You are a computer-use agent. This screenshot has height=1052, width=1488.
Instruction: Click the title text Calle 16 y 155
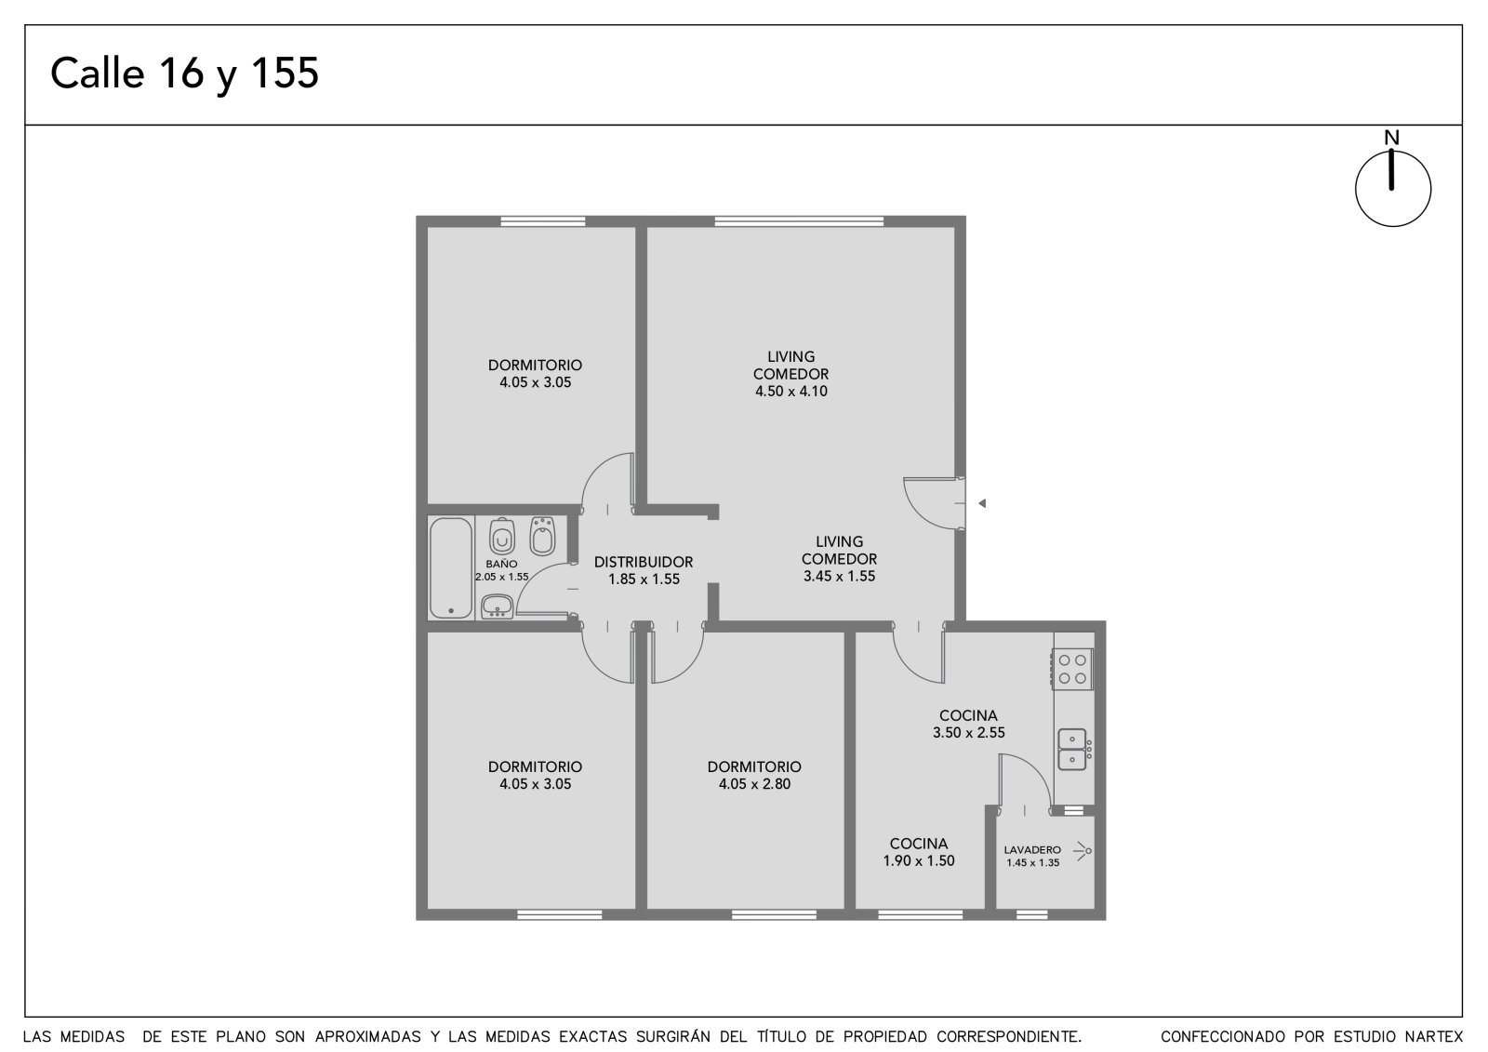click(185, 73)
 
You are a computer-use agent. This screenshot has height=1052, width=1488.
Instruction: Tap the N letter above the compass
click(1391, 138)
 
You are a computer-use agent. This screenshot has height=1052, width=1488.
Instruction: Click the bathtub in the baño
click(451, 568)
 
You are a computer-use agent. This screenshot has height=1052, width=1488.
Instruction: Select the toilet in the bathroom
click(502, 537)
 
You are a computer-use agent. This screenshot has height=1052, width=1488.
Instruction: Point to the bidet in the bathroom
click(543, 536)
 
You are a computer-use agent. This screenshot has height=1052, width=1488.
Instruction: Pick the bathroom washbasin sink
click(497, 606)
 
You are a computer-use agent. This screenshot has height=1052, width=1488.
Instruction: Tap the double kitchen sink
click(1073, 749)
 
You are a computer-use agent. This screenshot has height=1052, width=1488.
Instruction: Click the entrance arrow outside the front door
click(982, 504)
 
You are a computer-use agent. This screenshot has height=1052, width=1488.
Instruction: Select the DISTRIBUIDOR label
click(644, 562)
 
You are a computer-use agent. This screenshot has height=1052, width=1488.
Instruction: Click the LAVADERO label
click(1032, 850)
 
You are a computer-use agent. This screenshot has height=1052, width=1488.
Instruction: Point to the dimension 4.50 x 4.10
click(791, 392)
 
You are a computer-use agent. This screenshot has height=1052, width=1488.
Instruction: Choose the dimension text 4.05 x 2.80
click(754, 784)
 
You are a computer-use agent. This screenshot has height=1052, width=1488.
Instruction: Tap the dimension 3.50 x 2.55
click(968, 733)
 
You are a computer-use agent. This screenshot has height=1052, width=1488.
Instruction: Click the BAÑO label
click(501, 565)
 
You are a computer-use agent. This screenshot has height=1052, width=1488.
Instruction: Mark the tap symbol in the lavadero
click(1083, 851)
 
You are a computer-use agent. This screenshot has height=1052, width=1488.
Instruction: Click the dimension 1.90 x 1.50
click(919, 861)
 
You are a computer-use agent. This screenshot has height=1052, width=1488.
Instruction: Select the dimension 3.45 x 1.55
click(840, 577)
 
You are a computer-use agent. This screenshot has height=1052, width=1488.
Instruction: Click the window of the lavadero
click(1032, 915)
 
